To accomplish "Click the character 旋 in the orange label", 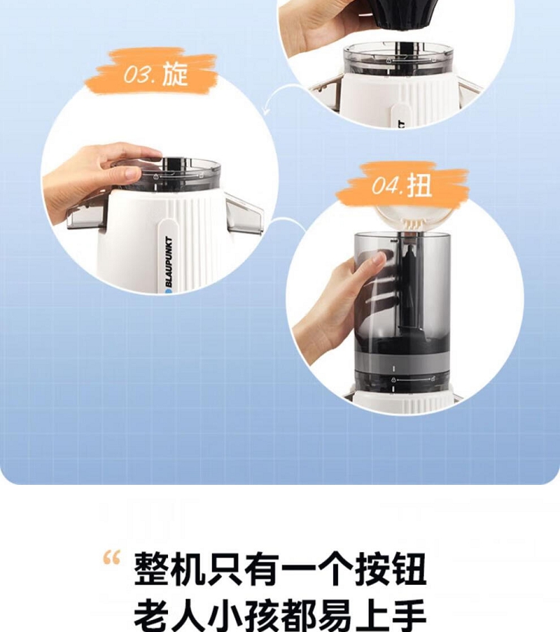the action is (175, 74).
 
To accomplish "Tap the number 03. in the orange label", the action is (139, 74).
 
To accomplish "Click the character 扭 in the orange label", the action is (419, 185).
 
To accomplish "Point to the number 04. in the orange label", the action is (387, 186).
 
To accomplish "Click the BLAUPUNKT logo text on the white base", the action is (169, 261).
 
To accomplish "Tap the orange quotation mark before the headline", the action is (111, 557).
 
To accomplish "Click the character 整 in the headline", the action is (152, 569).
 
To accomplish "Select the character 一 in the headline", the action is (299, 569).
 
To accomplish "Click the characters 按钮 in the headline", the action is (390, 569).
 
